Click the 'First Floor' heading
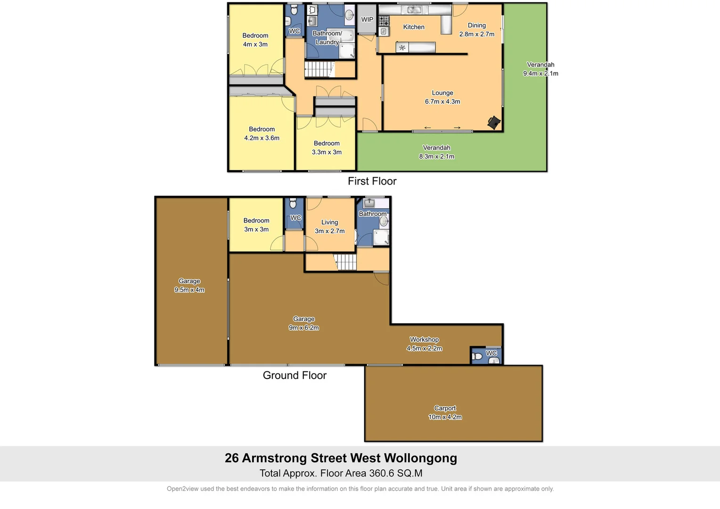(x=372, y=181)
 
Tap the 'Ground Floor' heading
(x=295, y=376)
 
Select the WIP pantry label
(x=367, y=20)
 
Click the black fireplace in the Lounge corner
(x=494, y=123)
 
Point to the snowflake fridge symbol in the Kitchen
(x=402, y=48)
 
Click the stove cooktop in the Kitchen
(x=384, y=21)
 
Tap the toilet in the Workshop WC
(x=477, y=356)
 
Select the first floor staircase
(x=319, y=69)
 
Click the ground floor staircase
(x=346, y=262)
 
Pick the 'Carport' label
(x=445, y=408)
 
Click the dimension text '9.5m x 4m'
(x=189, y=290)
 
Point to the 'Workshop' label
(x=424, y=339)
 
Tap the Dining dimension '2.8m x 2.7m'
(x=477, y=34)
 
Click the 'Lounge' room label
(x=442, y=93)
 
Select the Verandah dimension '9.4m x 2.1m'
(x=540, y=74)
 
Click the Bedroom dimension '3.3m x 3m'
(x=327, y=152)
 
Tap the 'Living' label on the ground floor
(x=329, y=222)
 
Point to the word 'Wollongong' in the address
(x=420, y=458)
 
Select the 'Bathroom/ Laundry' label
(x=327, y=38)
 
